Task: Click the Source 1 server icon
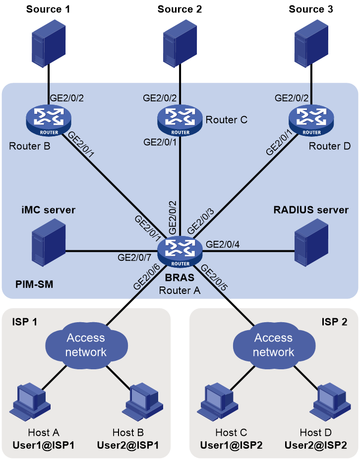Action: click(x=49, y=42)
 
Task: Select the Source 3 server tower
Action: click(x=311, y=42)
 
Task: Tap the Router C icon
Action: click(x=180, y=120)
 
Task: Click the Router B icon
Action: click(x=49, y=120)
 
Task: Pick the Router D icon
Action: click(x=311, y=120)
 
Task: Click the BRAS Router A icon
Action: click(x=180, y=251)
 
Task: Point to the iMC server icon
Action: click(x=49, y=242)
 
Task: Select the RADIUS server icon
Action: click(x=311, y=242)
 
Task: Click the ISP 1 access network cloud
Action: click(x=86, y=345)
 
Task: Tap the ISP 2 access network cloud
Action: click(x=274, y=345)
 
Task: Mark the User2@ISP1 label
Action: click(x=127, y=445)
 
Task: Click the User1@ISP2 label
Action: click(x=231, y=445)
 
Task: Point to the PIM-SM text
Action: click(x=34, y=284)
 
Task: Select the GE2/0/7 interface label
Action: click(x=134, y=258)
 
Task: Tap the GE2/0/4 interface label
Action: click(x=223, y=244)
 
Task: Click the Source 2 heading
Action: click(x=180, y=9)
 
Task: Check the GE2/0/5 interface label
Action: click(x=214, y=278)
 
